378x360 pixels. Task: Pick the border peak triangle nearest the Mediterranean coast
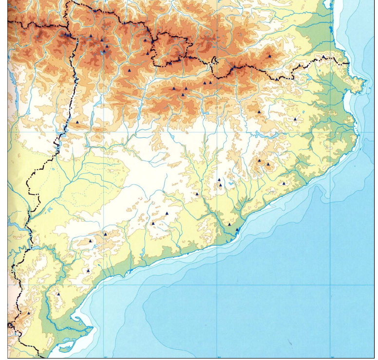(324, 57)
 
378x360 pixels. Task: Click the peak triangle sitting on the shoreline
(237, 229)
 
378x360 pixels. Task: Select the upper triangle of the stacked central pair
(219, 180)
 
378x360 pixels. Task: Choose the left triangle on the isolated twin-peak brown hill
(260, 161)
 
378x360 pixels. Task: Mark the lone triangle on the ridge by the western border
(77, 122)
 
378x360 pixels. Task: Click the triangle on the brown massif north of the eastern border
(269, 56)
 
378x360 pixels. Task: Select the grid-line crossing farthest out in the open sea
(331, 285)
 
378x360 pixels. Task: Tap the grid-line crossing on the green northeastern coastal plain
(331, 132)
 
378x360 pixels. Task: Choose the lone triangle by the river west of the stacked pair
(197, 194)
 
